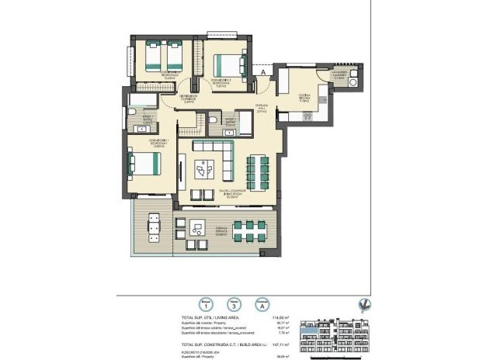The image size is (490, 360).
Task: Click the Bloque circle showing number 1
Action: click(206, 306)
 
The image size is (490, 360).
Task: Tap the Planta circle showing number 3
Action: click(231, 306)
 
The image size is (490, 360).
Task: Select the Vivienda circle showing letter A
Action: click(264, 306)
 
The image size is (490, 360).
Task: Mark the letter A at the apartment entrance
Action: click(264, 72)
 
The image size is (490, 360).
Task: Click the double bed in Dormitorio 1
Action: click(145, 164)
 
